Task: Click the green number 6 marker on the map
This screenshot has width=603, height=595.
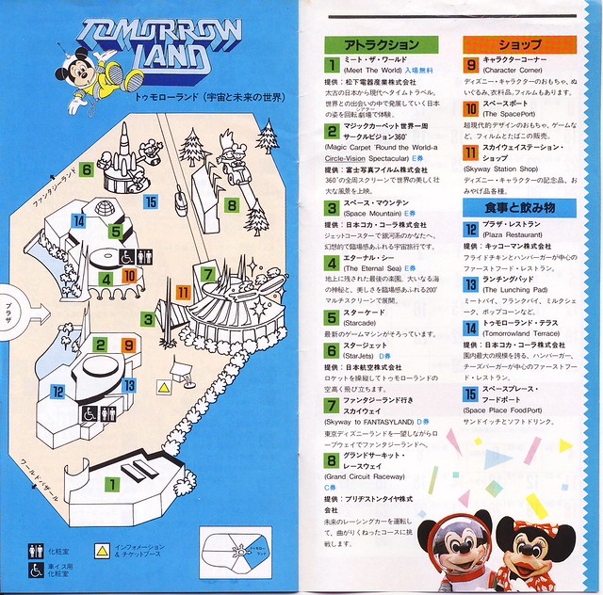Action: (x=86, y=169)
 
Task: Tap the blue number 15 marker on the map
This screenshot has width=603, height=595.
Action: (x=151, y=201)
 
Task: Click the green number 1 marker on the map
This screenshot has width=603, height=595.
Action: (x=111, y=485)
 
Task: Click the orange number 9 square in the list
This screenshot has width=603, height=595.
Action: (x=471, y=65)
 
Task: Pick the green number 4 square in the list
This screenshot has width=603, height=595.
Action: (x=332, y=262)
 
